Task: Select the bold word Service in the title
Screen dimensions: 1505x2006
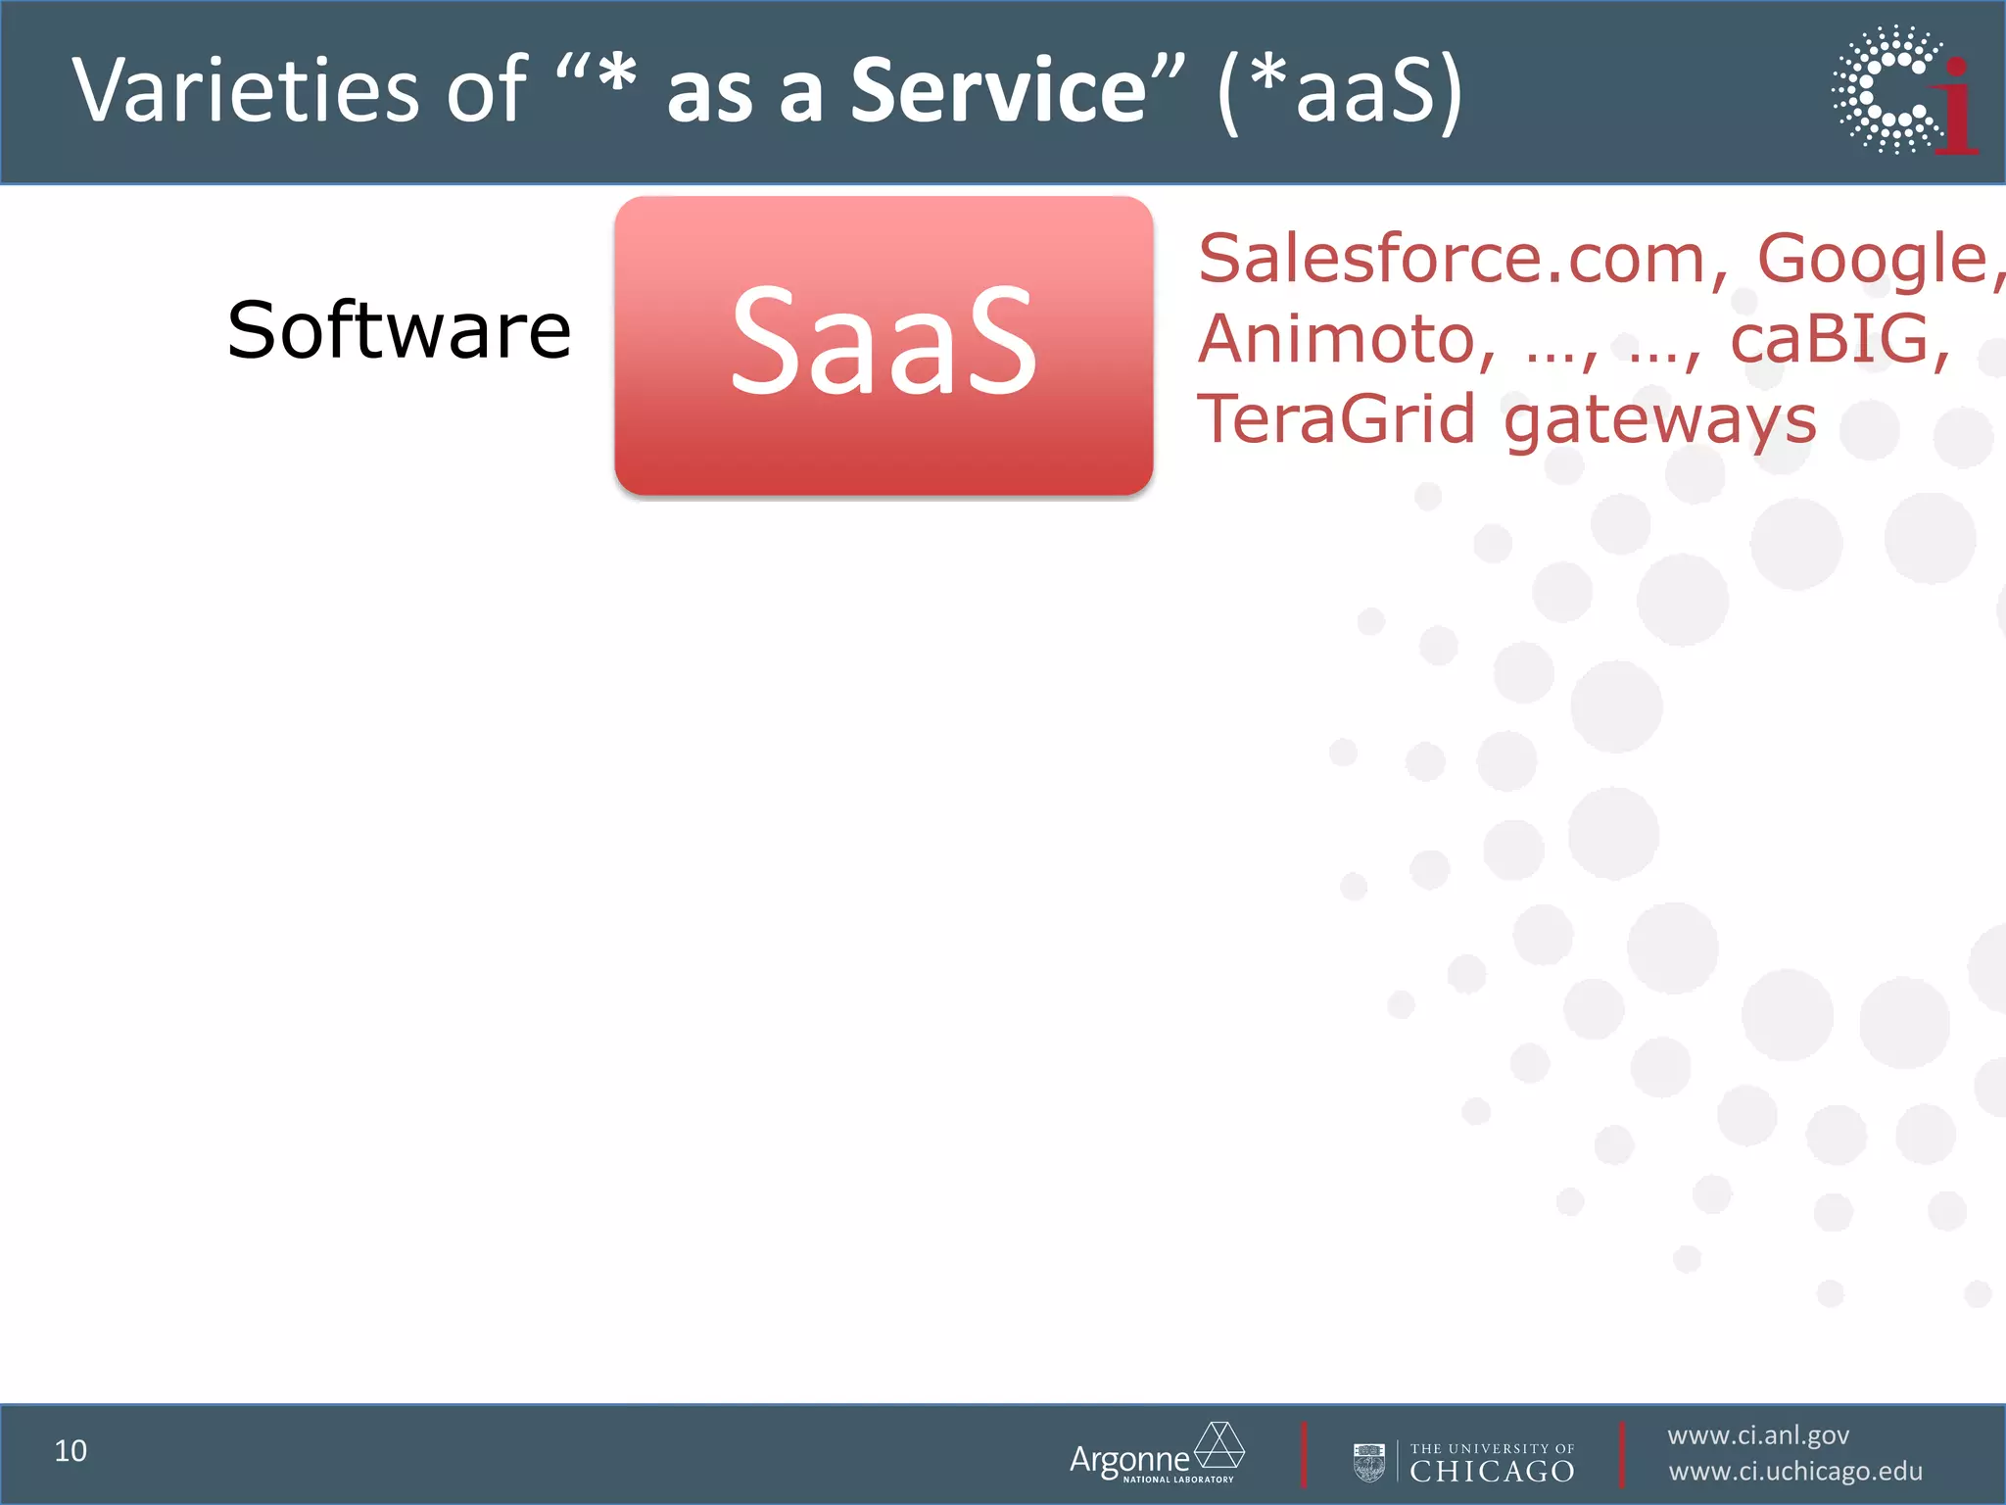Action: tap(999, 90)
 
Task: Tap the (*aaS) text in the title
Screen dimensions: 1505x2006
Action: tap(1340, 90)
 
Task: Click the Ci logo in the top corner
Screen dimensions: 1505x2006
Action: tap(1900, 90)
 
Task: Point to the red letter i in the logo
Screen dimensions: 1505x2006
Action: tap(1957, 108)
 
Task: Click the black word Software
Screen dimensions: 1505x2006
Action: tap(399, 331)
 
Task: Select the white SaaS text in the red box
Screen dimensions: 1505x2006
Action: tap(884, 341)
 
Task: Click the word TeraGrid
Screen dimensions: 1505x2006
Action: tap(1336, 419)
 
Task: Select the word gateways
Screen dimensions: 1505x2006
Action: tap(1659, 421)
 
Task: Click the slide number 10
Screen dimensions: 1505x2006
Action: tap(71, 1451)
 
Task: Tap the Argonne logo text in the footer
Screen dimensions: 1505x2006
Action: tap(1128, 1460)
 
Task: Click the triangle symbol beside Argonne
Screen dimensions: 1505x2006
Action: tap(1219, 1445)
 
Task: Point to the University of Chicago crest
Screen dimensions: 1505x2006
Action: tap(1368, 1461)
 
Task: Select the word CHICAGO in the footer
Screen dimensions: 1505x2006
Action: tap(1492, 1472)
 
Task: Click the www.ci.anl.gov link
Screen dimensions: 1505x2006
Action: tap(1758, 1435)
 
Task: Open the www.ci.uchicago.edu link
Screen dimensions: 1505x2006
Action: tap(1795, 1472)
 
